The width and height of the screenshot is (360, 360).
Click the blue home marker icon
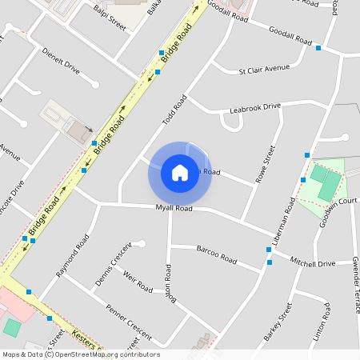(180, 173)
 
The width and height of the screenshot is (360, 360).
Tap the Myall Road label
(174, 208)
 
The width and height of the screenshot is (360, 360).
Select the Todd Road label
(174, 110)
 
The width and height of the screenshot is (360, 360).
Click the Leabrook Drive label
(255, 107)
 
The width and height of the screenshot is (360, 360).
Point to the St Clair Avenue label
(264, 69)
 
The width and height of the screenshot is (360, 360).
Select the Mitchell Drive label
(312, 262)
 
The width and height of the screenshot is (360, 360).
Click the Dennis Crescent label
(112, 265)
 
